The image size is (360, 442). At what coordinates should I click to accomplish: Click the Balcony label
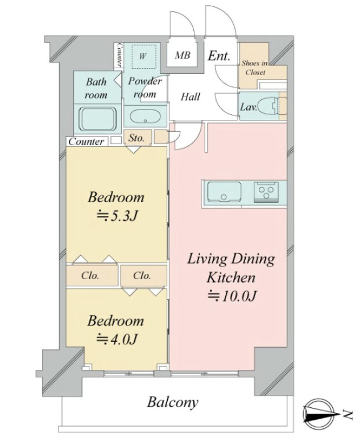coord(172,403)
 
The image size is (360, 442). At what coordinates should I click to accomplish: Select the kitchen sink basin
coord(224,191)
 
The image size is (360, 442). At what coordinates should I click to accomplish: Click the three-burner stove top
coord(266,191)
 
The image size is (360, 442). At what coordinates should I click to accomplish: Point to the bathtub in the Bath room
coord(98,119)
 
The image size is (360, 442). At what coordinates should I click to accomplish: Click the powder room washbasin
coord(145,117)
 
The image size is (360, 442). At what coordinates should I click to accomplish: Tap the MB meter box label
coord(182,55)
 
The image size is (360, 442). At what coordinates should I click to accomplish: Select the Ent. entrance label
coord(219,56)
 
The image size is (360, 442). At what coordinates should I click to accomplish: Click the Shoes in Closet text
coord(255,68)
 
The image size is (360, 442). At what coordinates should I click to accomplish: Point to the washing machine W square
coord(144,56)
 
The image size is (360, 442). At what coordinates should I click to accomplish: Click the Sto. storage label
coord(136,138)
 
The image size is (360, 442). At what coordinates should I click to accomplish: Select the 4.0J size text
coord(117,339)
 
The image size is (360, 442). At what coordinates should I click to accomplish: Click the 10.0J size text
coord(232,296)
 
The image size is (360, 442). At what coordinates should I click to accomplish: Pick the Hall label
coord(190,97)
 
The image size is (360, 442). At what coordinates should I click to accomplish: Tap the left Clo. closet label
coord(90,276)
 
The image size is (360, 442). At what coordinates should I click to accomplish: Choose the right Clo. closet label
coord(142,276)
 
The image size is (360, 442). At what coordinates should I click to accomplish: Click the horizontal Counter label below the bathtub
coord(86,141)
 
